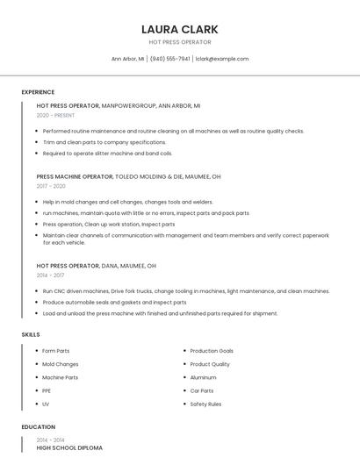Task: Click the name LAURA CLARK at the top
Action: pos(180,29)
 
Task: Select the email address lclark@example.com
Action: pos(222,59)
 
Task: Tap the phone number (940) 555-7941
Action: pos(170,59)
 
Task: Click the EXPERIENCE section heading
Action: pos(38,92)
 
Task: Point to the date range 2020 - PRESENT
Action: pos(55,115)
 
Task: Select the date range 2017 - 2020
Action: pos(51,186)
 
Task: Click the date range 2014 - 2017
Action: pos(51,275)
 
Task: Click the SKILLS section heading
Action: pos(31,334)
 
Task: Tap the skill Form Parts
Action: pos(56,351)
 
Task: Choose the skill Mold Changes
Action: pos(61,364)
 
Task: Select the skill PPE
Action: pos(47,390)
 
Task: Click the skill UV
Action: pos(46,404)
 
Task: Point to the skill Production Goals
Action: pos(212,351)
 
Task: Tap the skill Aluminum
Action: pos(203,377)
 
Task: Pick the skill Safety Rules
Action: pos(205,404)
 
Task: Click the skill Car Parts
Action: pos(202,390)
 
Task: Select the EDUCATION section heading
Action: pos(38,427)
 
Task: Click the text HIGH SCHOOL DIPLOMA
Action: pos(69,448)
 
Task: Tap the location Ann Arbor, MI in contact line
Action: pos(127,59)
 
